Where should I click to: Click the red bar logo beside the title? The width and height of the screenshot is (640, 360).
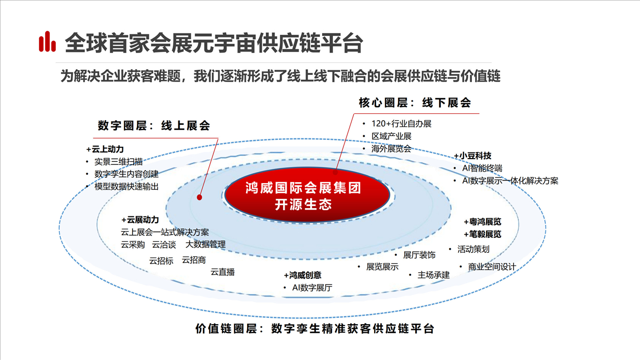[47, 42]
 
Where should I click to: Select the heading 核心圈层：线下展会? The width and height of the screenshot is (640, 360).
[414, 103]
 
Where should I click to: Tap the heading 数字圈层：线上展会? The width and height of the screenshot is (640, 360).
[154, 126]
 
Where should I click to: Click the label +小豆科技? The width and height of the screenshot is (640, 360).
[472, 156]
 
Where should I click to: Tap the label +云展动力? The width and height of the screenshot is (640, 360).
[140, 220]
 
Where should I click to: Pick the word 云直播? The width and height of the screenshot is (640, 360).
[222, 272]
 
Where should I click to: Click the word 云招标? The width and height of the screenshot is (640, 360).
[161, 261]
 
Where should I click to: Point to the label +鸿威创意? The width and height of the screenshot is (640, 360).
[302, 275]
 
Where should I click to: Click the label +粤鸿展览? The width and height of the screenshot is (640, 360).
[482, 222]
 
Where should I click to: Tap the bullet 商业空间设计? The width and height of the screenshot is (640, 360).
[492, 267]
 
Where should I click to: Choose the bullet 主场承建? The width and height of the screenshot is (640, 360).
[433, 275]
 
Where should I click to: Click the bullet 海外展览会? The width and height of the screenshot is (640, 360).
[391, 149]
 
